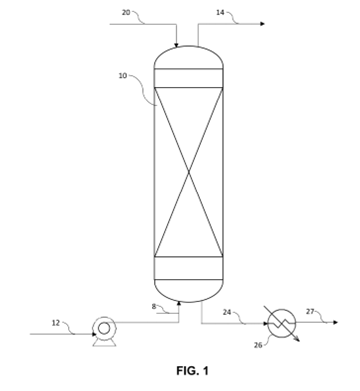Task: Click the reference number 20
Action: point(126,13)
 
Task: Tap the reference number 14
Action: point(221,13)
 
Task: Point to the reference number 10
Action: point(123,76)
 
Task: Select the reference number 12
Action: point(56,323)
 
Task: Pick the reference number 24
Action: point(227,312)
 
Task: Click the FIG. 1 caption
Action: point(188,373)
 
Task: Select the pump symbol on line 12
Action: point(104,327)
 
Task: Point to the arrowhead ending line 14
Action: point(262,23)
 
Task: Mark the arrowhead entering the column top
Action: point(177,44)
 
